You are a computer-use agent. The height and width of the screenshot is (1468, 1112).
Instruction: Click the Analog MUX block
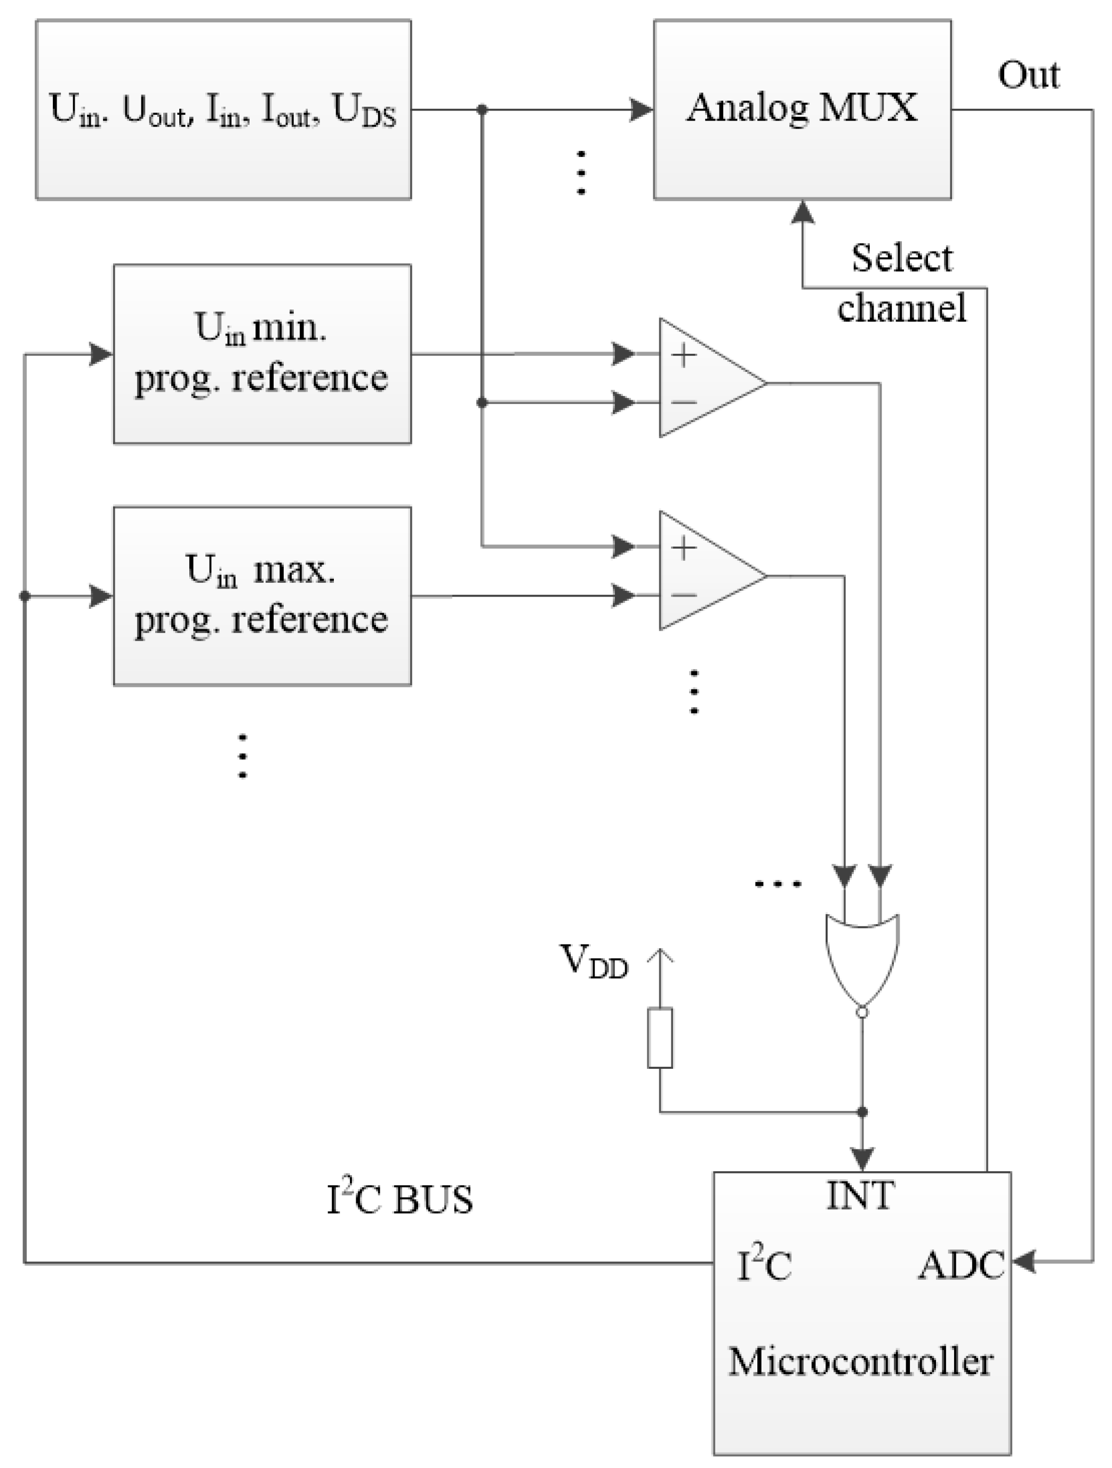[802, 109]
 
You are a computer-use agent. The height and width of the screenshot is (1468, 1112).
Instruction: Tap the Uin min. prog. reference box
[261, 354]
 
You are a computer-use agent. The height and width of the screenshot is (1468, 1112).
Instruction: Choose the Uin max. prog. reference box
[261, 596]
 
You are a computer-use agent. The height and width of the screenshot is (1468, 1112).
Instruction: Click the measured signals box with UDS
[223, 109]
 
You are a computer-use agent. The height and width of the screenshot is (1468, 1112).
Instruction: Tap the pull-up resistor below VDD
[660, 1038]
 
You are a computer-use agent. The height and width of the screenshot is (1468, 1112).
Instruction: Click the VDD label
[594, 962]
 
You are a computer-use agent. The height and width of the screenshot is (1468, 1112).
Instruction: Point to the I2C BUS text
[399, 1200]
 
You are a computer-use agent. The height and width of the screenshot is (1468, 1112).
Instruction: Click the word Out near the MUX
[1028, 75]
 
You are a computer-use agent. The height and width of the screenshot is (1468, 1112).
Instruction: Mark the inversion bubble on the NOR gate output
[862, 1013]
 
